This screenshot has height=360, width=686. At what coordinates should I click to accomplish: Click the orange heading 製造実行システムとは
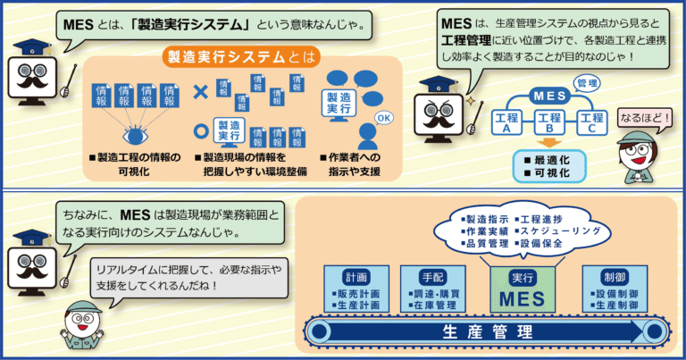pos(241,57)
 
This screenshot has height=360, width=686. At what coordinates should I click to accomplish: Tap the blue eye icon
pos(135,136)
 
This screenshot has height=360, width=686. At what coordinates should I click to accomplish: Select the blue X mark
pos(200,91)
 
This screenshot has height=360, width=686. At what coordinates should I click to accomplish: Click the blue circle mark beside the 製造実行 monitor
pos(201,130)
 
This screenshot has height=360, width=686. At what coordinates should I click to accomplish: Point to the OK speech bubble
pos(384,118)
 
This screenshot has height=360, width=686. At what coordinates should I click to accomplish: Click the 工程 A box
pos(506,122)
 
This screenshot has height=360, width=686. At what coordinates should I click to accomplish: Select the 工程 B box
pos(549,122)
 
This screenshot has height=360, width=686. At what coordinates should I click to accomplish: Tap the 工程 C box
pos(592,122)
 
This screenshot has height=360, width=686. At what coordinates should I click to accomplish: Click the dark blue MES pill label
pos(549,96)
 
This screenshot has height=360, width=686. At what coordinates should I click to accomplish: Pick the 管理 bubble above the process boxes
pos(587,83)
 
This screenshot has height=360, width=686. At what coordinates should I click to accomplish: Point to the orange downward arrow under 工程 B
pos(549,143)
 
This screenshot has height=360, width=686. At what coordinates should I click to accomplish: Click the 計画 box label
pos(357,277)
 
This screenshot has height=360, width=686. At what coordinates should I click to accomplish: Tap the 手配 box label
pos(432,277)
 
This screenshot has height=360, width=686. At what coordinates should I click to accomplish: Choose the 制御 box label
pos(615,277)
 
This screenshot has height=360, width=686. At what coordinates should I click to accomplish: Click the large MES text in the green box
pos(523,299)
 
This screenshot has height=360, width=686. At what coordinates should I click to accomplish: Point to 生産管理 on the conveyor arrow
pos(488,332)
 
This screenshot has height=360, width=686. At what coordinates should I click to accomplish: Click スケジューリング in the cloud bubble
pos(560,231)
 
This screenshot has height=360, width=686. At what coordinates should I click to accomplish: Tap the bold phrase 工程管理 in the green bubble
pos(466,41)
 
